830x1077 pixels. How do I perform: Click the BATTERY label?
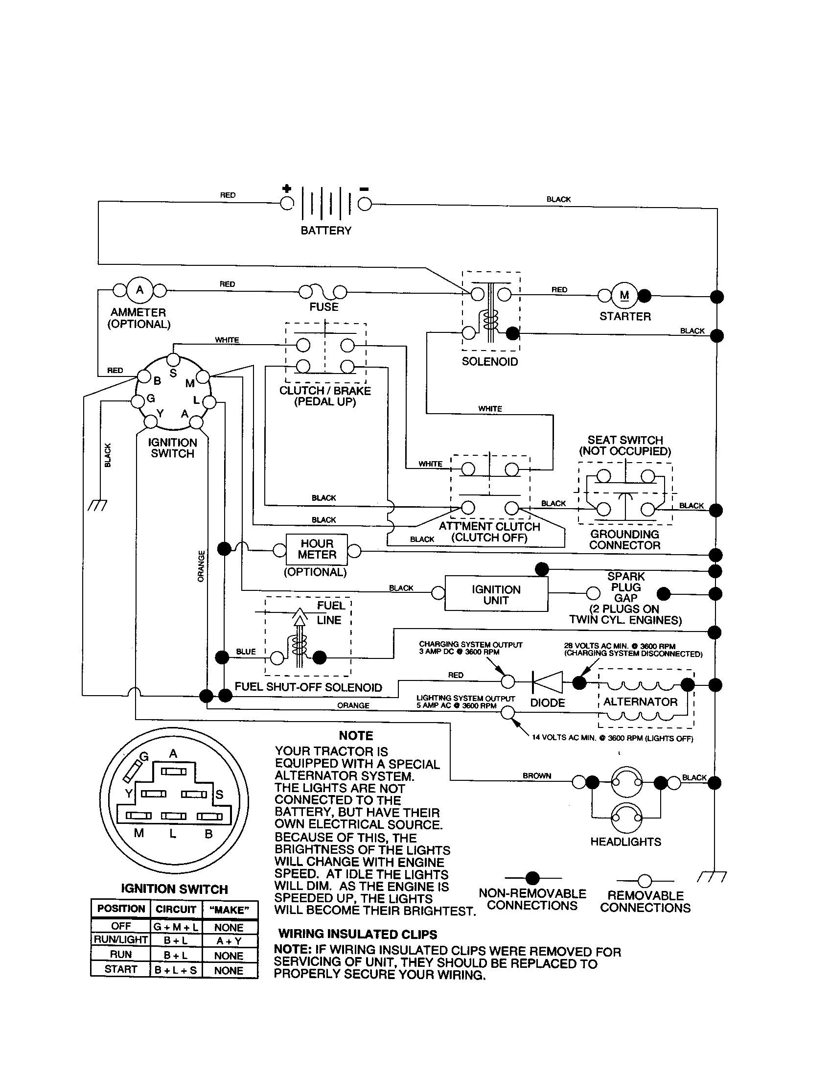click(326, 231)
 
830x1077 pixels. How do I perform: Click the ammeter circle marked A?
click(140, 290)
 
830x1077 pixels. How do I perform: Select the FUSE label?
click(324, 307)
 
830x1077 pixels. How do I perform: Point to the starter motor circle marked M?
click(624, 295)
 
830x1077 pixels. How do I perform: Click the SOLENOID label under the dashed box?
click(489, 361)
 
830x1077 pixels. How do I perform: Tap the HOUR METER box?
click(317, 549)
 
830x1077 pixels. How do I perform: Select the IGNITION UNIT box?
click(496, 595)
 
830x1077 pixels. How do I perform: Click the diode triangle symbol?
click(548, 682)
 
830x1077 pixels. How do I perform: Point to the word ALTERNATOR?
click(640, 702)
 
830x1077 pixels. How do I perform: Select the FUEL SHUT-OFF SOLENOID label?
click(308, 687)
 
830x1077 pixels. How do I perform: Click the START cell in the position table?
click(121, 969)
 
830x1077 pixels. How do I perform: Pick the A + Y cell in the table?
click(229, 940)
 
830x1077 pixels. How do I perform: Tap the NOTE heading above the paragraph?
click(356, 735)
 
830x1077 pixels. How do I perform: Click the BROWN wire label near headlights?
click(537, 776)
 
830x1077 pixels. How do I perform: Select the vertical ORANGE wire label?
click(201, 566)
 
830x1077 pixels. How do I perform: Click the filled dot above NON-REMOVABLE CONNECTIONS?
click(532, 878)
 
